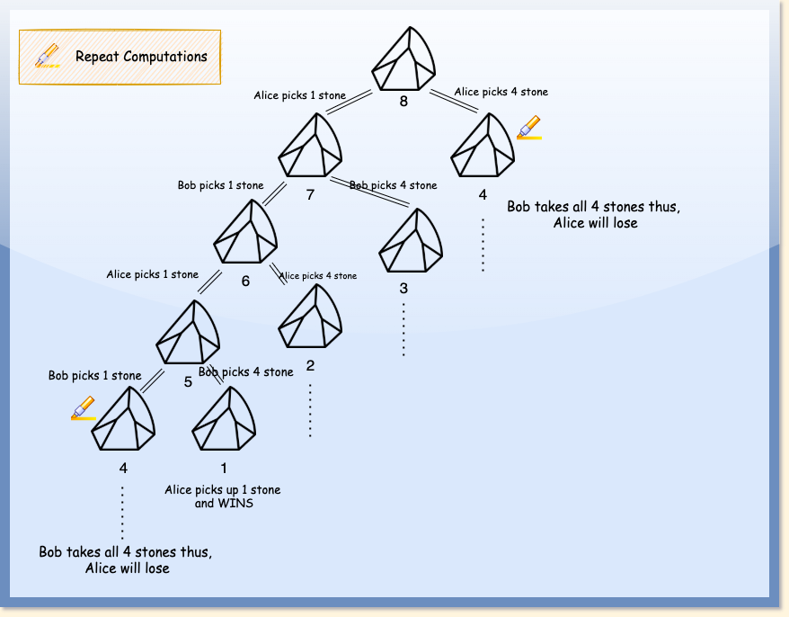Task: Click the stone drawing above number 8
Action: pos(404,58)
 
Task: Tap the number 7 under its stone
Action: pos(310,193)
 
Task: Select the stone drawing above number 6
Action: pos(246,231)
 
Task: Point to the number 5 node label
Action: pos(188,382)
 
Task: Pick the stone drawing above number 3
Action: pos(412,240)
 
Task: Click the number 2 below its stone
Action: pos(310,365)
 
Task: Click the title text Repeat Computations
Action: pos(141,57)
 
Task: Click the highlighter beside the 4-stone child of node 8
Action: pos(529,128)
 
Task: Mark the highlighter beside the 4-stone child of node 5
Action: pos(84,408)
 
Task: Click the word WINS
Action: pos(237,504)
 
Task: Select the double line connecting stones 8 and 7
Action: pos(349,102)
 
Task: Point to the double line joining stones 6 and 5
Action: pos(208,282)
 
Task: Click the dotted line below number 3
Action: pos(403,328)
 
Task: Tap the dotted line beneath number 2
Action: pos(310,410)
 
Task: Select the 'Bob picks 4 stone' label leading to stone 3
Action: pos(393,185)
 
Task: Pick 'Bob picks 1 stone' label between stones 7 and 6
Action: pos(220,185)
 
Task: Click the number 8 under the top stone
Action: pos(403,102)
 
